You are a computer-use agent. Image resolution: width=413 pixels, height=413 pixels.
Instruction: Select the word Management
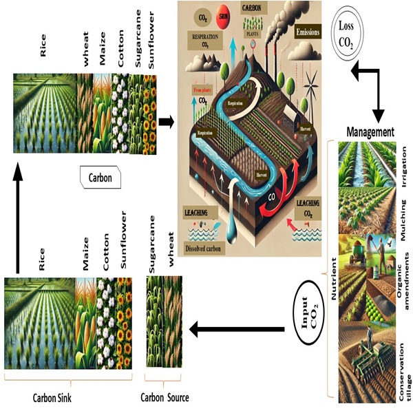(x=370, y=131)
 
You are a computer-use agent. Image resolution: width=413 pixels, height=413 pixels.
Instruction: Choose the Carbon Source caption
(x=165, y=397)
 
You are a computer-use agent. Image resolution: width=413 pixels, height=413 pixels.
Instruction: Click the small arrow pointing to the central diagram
(x=166, y=122)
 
